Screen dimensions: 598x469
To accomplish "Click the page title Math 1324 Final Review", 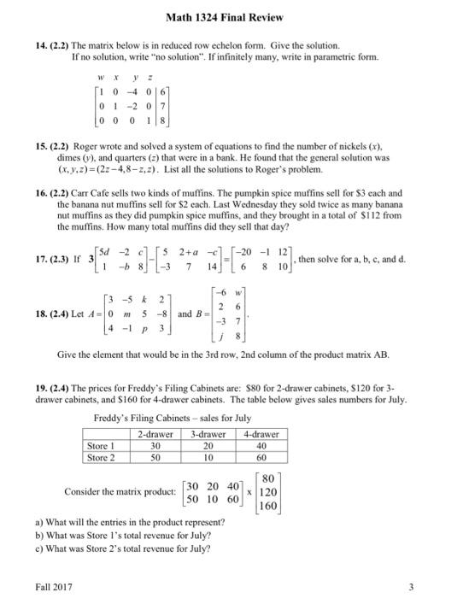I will click(x=234, y=17).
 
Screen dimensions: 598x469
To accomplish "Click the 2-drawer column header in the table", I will click(x=155, y=434).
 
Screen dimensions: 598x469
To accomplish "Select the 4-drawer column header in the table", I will click(x=260, y=434).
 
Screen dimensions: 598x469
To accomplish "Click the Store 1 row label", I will click(x=103, y=445).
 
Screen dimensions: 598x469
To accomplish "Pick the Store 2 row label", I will click(x=103, y=457).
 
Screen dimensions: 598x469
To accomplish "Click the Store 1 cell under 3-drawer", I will click(x=208, y=445).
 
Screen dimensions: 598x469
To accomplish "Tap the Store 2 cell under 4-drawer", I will click(x=260, y=457).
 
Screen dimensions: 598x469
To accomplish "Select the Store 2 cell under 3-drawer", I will click(x=208, y=457).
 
